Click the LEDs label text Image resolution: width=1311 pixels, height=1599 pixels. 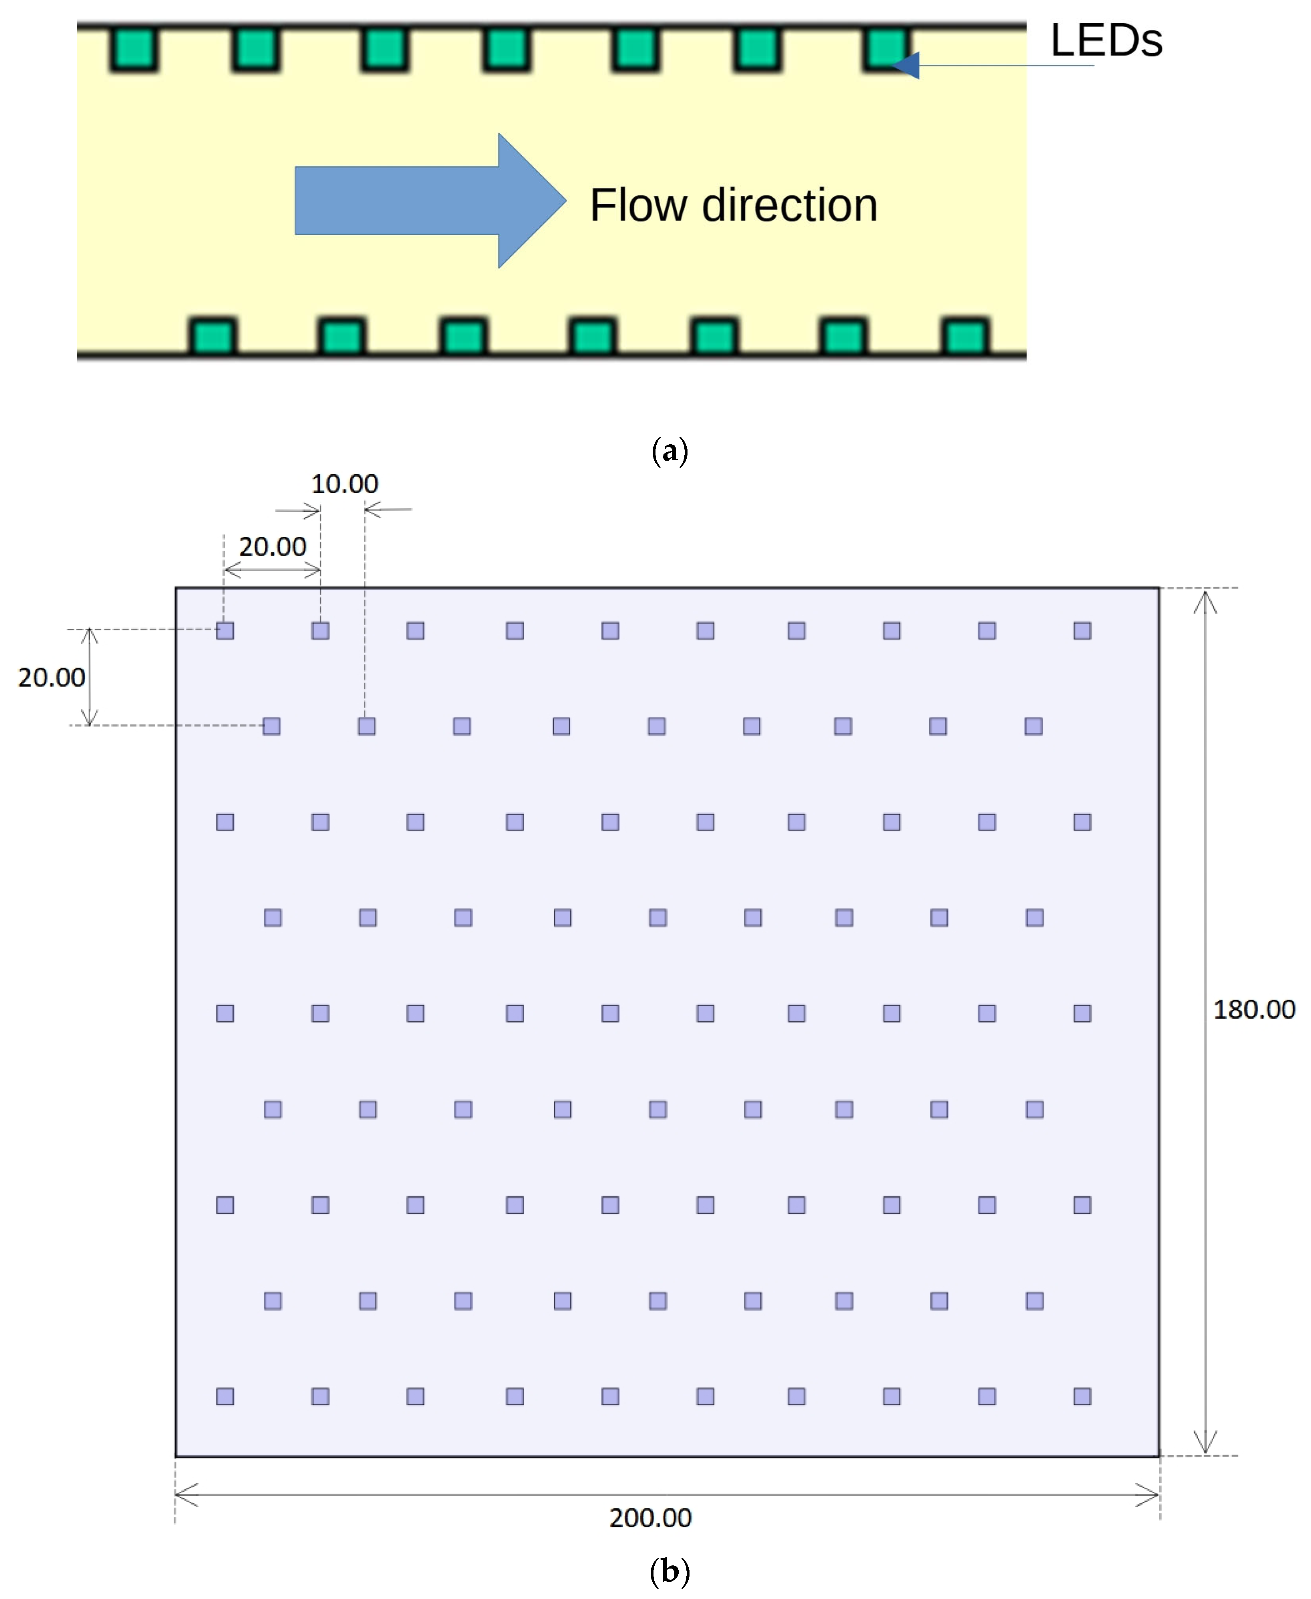[x=1106, y=41]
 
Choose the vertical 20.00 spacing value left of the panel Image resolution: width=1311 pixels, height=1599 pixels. [x=51, y=678]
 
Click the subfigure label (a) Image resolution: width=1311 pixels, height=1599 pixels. [x=669, y=451]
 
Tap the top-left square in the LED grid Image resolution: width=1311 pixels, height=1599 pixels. [x=225, y=631]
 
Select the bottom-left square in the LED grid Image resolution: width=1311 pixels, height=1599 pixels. [x=225, y=1396]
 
